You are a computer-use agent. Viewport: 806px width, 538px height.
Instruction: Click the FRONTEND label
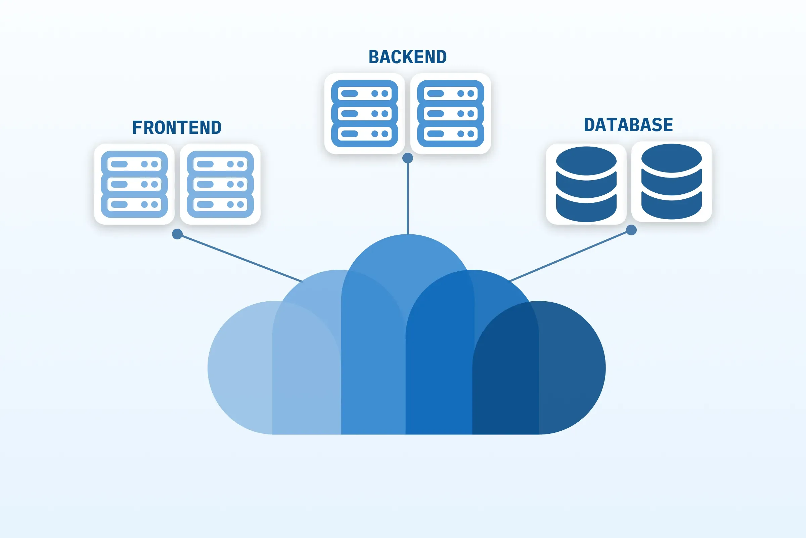[x=177, y=128]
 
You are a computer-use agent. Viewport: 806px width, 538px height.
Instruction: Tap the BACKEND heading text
[x=407, y=57]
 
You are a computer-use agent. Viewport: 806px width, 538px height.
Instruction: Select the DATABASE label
[x=628, y=125]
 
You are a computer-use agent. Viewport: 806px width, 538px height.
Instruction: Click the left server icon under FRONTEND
[x=134, y=184]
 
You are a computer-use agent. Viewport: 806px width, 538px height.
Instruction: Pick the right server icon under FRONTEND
[x=220, y=184]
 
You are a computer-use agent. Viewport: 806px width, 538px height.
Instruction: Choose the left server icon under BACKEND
[x=365, y=114]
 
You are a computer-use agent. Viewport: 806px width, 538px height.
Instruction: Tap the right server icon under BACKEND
[x=450, y=114]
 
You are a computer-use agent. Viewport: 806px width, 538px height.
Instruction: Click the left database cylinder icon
[x=586, y=184]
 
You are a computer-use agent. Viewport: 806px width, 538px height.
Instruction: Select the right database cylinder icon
[x=671, y=182]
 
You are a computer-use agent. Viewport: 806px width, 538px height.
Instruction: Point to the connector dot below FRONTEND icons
[x=177, y=234]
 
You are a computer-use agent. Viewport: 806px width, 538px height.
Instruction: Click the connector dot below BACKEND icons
[x=407, y=158]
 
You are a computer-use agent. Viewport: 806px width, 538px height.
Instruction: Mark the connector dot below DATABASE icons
[x=631, y=230]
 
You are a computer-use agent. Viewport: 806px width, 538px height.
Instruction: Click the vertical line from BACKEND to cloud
[x=407, y=199]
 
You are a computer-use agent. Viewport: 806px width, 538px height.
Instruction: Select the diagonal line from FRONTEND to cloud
[x=240, y=258]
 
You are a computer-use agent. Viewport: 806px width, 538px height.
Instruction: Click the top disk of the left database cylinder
[x=586, y=160]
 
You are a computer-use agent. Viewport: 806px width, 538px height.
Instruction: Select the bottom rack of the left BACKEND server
[x=365, y=134]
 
